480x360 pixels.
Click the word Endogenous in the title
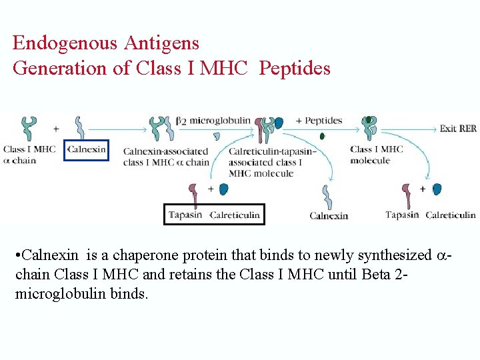pos(64,43)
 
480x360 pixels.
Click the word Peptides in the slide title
pos(295,68)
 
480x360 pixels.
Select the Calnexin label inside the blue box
pos(87,149)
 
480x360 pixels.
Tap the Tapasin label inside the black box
pos(185,215)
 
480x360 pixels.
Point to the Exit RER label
pos(458,128)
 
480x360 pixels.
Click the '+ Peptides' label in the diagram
pos(319,121)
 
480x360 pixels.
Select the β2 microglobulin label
pos(215,121)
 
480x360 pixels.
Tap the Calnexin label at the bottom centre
pos(329,215)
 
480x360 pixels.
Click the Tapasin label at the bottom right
pos(402,215)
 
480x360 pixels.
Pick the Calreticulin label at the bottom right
pos(451,215)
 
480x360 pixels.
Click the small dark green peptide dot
pos(323,136)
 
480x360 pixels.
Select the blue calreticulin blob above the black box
pos(224,189)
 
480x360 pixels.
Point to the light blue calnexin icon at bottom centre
pos(327,196)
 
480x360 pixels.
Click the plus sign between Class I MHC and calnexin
pos(56,128)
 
